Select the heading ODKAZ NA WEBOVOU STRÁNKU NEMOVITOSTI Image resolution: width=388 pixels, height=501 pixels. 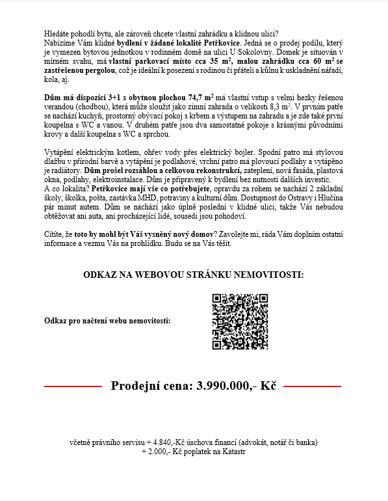[x=193, y=275]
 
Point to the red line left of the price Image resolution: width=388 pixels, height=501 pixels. [x=73, y=386]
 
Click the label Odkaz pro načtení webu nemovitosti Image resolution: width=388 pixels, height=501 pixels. [x=107, y=321]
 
